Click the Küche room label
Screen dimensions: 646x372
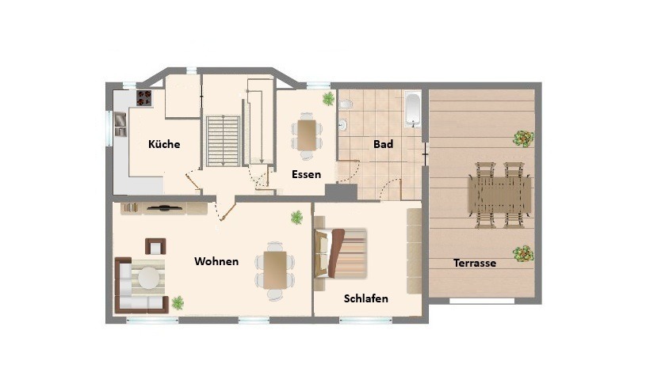tap(164, 144)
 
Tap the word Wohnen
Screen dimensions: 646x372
tap(216, 261)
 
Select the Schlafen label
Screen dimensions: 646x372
tap(366, 298)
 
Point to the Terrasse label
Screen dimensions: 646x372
tap(475, 263)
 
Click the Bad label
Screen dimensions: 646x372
tap(383, 144)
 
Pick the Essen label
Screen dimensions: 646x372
tap(306, 174)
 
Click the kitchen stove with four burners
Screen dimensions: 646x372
tap(144, 98)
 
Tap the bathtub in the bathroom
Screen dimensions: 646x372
tap(413, 110)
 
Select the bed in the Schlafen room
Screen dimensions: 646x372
tap(340, 254)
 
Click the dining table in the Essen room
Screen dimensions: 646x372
tap(307, 135)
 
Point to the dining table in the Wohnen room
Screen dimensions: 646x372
tap(275, 270)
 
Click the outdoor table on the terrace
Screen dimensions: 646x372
tap(499, 195)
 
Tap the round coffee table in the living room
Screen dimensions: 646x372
tap(148, 278)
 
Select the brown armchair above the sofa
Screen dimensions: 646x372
tap(155, 246)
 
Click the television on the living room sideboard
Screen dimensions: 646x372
tap(165, 207)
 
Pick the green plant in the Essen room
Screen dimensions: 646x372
tap(328, 99)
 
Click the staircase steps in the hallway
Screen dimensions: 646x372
tap(223, 141)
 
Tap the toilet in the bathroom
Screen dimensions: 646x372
tap(346, 104)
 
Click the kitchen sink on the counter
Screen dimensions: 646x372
tap(120, 123)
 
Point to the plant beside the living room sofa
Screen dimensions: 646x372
tap(178, 303)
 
